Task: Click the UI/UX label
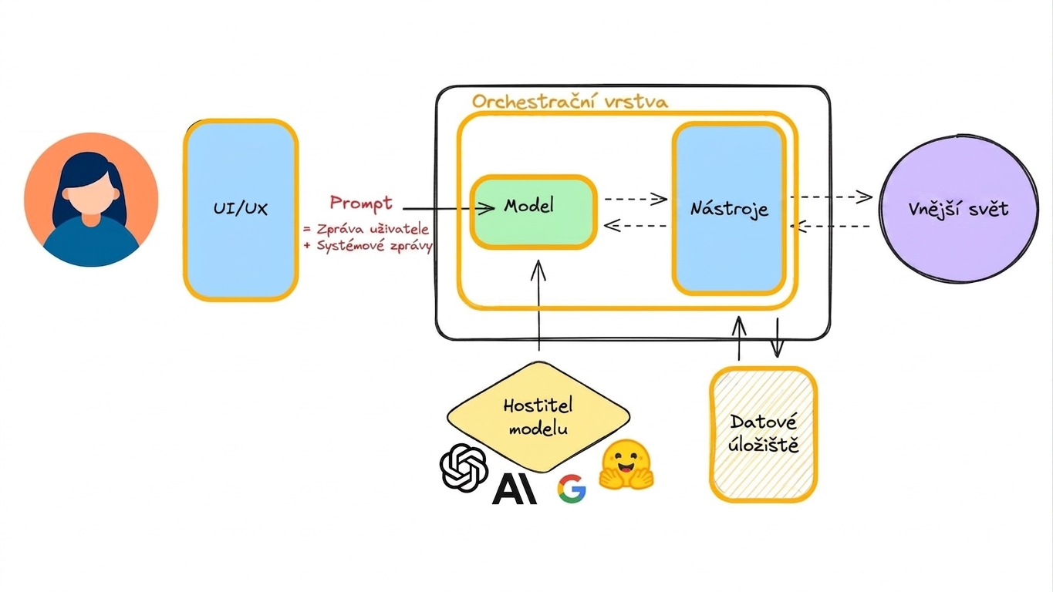(x=240, y=209)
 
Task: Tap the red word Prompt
(x=361, y=203)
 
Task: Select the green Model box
(x=534, y=212)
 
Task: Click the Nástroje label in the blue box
(x=729, y=209)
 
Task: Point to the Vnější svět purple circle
(x=959, y=209)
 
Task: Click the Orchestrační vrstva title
(x=570, y=102)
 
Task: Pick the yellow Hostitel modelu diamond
(x=538, y=417)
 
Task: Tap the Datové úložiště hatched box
(x=763, y=435)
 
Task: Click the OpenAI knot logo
(x=464, y=467)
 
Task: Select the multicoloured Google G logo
(x=572, y=489)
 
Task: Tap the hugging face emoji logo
(x=626, y=465)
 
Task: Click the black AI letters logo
(x=515, y=489)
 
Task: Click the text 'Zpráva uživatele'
(x=373, y=229)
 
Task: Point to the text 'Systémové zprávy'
(x=374, y=246)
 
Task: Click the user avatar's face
(x=91, y=193)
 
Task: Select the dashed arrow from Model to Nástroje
(x=636, y=199)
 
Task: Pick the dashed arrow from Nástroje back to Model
(x=635, y=226)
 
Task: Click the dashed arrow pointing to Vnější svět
(x=831, y=197)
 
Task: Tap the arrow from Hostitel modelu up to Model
(x=538, y=305)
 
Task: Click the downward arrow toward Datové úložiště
(x=777, y=338)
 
